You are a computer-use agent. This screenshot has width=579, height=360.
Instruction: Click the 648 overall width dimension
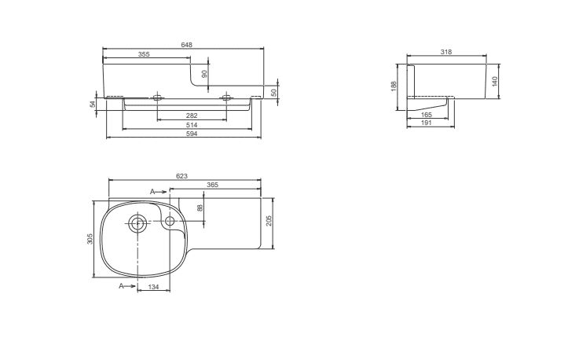[186, 45]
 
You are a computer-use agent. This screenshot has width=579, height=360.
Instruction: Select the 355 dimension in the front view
[144, 54]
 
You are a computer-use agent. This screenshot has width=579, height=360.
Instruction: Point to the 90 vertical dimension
[204, 74]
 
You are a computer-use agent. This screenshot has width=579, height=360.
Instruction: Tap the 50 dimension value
[274, 93]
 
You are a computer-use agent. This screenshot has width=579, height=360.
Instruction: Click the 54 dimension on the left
[93, 104]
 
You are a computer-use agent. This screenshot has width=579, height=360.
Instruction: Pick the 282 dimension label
[192, 116]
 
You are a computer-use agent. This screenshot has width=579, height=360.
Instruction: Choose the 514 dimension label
[192, 125]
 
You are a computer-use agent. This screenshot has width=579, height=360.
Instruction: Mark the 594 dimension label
[192, 134]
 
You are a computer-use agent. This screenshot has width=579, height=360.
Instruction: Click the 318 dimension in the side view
[446, 52]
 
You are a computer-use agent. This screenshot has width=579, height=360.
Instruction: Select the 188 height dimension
[394, 86]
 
